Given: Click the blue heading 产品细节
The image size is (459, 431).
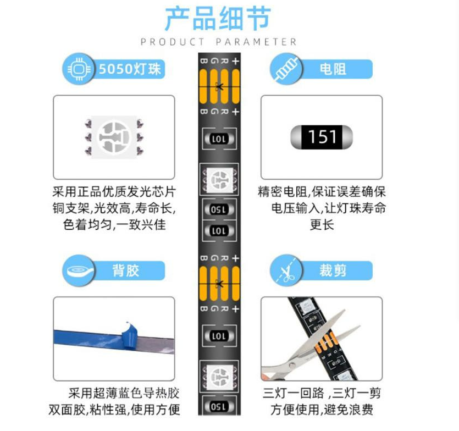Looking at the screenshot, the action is [218, 19].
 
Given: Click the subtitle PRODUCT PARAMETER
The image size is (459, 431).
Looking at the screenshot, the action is [218, 42].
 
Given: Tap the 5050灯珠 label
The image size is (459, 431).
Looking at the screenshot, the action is [130, 69].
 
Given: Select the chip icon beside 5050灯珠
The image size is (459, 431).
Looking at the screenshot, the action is [79, 69].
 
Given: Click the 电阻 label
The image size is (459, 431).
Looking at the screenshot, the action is [333, 69].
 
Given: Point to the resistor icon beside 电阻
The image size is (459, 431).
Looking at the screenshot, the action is [286, 69].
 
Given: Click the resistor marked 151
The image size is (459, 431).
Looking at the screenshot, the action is [322, 137].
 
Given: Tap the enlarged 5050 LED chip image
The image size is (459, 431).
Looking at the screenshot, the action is [114, 137].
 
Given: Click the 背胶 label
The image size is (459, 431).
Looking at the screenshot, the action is [125, 270].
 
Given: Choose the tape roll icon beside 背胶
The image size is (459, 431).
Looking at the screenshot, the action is [79, 270].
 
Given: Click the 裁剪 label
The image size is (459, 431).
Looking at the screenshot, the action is [333, 270].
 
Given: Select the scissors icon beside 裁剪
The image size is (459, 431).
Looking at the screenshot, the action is [286, 270].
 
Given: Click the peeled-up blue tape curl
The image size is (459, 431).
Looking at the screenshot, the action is [130, 335].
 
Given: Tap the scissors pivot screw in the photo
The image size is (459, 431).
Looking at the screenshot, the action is [292, 365].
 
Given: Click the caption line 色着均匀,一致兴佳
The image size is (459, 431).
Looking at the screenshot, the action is [114, 225].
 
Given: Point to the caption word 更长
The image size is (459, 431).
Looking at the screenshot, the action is [322, 225].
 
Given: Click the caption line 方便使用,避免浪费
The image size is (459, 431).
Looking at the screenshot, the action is [322, 410].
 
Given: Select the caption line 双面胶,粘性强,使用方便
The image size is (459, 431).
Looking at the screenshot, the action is [114, 410].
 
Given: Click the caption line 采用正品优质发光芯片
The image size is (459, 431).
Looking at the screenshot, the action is [114, 192].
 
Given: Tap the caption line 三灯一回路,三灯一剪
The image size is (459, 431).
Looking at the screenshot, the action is [322, 393].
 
